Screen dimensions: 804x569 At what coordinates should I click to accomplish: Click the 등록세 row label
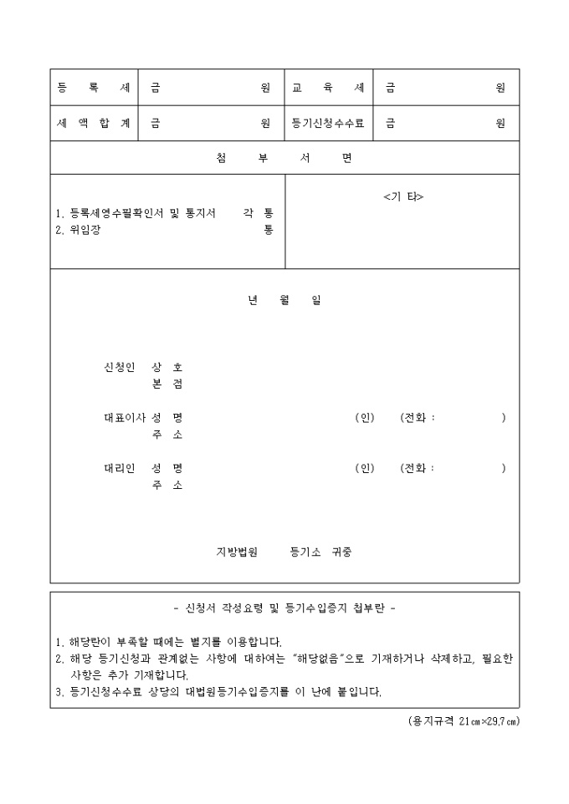[94, 87]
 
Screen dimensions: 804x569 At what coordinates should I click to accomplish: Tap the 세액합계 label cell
[94, 123]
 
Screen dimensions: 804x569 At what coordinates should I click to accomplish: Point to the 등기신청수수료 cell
[328, 123]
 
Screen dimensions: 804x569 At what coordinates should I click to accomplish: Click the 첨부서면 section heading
[284, 158]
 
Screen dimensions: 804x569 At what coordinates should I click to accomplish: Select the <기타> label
[403, 196]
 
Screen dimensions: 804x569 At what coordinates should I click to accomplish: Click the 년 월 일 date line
[284, 301]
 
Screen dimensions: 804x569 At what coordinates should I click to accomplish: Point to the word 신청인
[119, 367]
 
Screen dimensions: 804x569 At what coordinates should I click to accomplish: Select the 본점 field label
[167, 384]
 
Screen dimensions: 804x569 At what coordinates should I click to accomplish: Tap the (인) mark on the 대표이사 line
[364, 417]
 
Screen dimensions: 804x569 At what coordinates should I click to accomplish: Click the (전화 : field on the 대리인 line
[418, 467]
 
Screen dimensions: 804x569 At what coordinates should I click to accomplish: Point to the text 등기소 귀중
[321, 552]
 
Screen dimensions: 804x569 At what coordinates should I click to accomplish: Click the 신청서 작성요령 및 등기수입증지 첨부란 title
[284, 608]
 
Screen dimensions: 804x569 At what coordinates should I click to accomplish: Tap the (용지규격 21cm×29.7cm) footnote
[458, 721]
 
